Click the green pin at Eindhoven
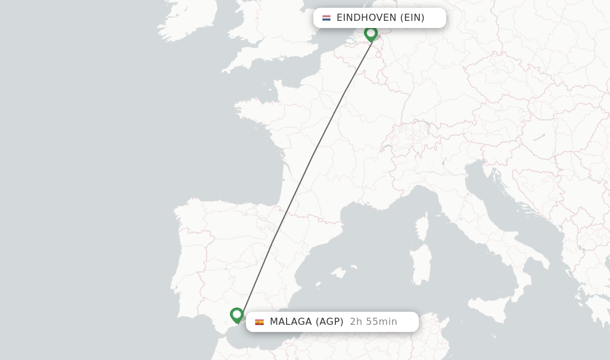(x=371, y=33)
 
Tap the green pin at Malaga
(x=236, y=314)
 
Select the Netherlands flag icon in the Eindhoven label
(x=326, y=18)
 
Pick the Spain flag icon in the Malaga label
(x=259, y=322)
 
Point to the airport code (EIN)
(x=412, y=18)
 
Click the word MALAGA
(x=291, y=322)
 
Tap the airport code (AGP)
(x=329, y=322)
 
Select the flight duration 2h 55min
(x=374, y=322)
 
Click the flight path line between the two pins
(x=313, y=156)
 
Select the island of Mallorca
(x=338, y=273)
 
